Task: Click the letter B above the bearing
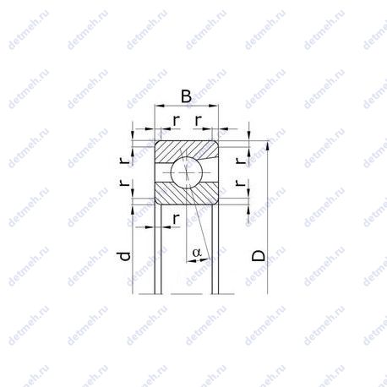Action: [186, 96]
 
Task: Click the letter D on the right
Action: [259, 255]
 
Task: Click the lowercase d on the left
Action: [124, 256]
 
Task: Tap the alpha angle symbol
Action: [197, 253]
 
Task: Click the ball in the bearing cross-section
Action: [187, 172]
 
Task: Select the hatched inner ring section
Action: [187, 193]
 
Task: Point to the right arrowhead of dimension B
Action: [214, 106]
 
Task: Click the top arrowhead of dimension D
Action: [267, 145]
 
